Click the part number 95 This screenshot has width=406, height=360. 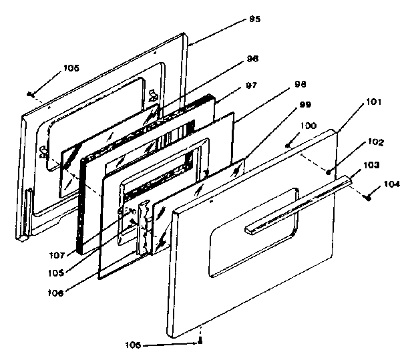click(254, 19)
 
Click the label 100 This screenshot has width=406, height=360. click(309, 125)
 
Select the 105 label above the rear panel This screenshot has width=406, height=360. click(71, 67)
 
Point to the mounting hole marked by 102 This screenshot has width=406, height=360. click(330, 171)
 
